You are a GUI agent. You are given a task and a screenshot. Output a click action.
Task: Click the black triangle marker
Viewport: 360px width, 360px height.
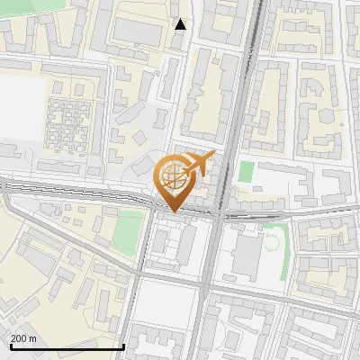pos(181,24)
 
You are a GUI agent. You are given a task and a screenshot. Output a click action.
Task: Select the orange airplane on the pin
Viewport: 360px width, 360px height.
pos(199,164)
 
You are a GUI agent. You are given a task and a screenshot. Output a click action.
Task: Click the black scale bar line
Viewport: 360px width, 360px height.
pos(67,346)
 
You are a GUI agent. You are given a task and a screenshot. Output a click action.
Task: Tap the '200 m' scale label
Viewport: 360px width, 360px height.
pos(23,337)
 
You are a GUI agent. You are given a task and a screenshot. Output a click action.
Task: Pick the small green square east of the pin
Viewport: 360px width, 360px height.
pos(247,171)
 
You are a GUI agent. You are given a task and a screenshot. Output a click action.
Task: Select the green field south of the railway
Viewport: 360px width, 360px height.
pos(128,232)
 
